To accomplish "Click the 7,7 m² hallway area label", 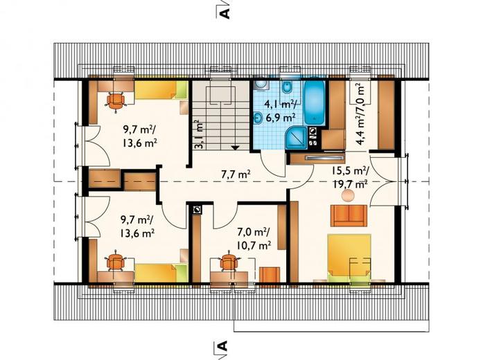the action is pos(236,174).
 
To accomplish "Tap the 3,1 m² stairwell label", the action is pos(199,134).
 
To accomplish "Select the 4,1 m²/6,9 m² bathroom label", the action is pos(281,111).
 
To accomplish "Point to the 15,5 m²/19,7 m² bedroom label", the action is pos(350,177).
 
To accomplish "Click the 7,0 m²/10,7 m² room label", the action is pos(254,238).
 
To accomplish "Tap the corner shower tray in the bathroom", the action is pos(297,138).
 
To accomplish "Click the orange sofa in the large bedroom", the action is pos(349,216).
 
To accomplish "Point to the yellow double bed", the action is pos(349,258).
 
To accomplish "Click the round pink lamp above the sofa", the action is pos(348,196).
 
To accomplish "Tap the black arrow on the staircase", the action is pos(236,147).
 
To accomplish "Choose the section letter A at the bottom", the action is pos(222,345).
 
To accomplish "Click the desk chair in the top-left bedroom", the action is pos(116,101).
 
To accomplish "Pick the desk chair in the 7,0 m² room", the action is pos(228,262).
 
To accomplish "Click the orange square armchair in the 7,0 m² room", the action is pos(270,275).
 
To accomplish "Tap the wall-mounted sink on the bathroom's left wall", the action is pos(258,117).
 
